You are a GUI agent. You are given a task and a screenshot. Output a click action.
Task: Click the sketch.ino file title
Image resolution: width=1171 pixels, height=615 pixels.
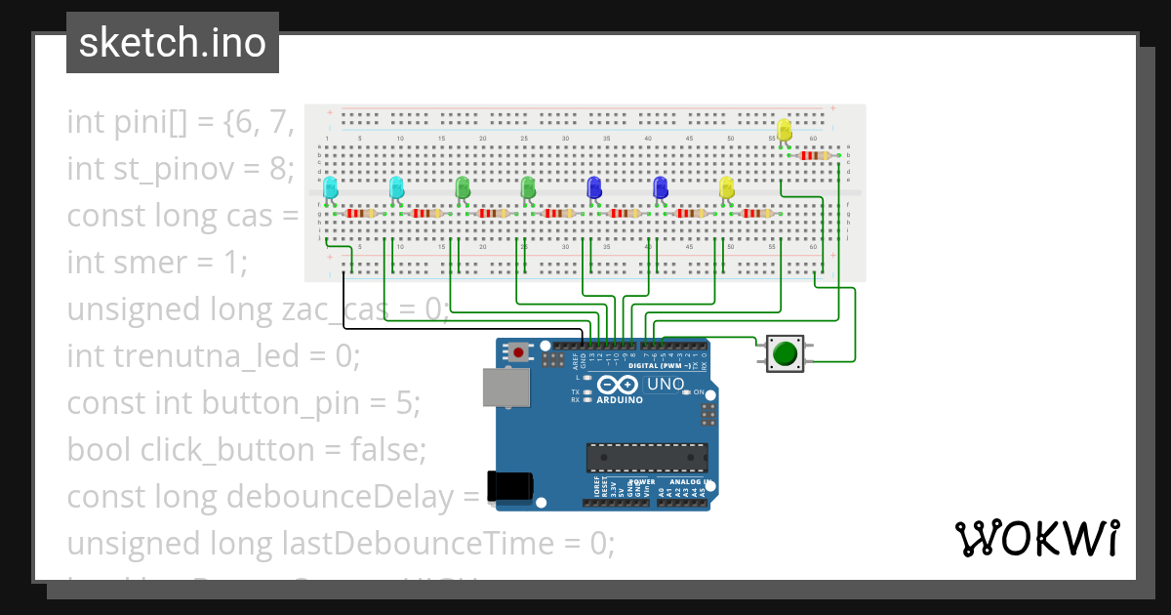point(172,43)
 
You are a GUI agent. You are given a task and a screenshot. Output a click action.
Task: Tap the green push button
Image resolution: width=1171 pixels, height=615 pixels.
point(785,352)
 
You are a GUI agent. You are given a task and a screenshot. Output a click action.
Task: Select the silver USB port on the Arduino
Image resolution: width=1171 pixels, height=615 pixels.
point(506,389)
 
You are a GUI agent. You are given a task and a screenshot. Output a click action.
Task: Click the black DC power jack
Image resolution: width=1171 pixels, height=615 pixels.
point(510,485)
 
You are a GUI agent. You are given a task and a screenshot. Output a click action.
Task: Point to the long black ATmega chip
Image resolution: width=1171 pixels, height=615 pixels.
point(646,457)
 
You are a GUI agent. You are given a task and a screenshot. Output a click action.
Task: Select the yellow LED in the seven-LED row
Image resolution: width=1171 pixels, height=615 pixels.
point(725,187)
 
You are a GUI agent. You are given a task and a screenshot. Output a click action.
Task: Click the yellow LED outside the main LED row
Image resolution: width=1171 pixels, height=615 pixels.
point(784,130)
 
